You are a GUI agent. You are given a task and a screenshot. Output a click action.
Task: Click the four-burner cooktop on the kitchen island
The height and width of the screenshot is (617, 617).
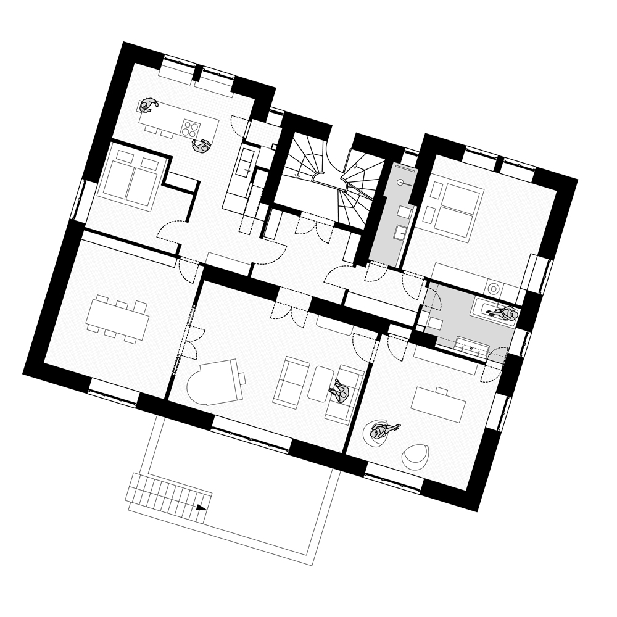tap(191, 129)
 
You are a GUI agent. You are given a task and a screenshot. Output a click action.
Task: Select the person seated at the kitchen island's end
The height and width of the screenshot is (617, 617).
tap(147, 106)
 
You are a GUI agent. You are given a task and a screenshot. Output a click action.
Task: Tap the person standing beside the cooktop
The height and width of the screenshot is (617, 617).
tap(201, 146)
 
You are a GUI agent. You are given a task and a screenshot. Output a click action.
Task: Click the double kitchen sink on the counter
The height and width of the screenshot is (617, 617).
tap(246, 160)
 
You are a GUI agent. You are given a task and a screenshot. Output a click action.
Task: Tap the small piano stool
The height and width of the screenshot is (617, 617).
tap(242, 377)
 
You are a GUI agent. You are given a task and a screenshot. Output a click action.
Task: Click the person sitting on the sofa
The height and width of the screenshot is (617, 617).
tap(340, 391)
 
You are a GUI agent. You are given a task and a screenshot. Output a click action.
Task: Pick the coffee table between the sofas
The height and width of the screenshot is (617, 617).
tap(321, 383)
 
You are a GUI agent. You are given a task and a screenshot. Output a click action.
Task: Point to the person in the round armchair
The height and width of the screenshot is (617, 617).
tap(379, 431)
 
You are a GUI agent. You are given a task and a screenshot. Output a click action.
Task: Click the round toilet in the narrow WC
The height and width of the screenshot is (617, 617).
tap(401, 183)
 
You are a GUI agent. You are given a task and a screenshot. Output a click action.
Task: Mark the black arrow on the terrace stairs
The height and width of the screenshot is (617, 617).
tap(201, 508)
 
